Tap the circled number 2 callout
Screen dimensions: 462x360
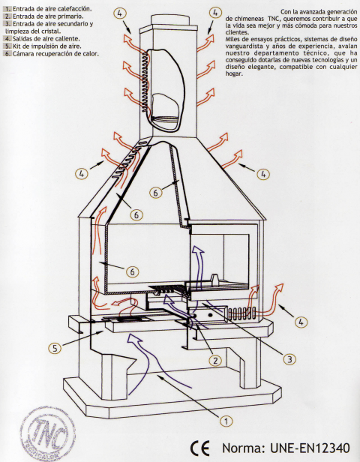coord(216,361)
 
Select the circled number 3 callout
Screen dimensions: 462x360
coord(288,359)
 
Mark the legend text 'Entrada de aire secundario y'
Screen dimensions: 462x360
coord(49,24)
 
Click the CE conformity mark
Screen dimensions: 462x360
coord(199,448)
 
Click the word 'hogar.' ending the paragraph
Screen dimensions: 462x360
coord(234,75)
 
